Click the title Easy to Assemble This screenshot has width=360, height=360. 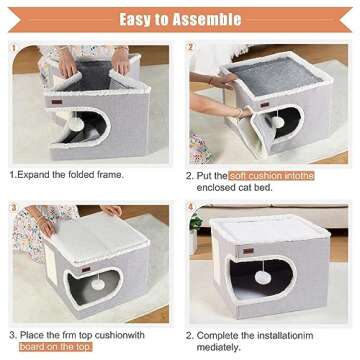(180, 19)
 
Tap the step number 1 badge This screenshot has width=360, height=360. (13, 45)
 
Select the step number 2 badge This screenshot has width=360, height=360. (190, 46)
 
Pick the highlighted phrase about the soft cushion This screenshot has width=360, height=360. (271, 176)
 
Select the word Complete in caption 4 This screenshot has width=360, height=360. (225, 334)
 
